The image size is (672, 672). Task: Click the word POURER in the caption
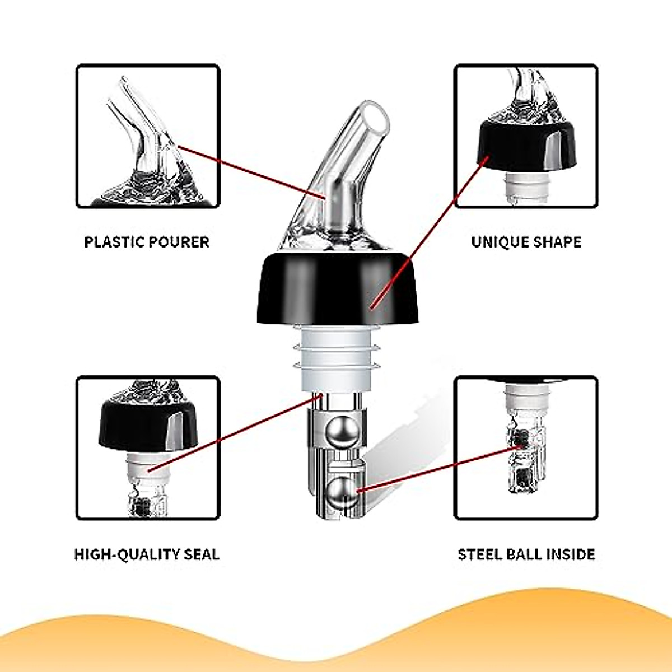(179, 242)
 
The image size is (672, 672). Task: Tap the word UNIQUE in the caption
(496, 242)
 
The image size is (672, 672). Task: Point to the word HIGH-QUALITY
(120, 554)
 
